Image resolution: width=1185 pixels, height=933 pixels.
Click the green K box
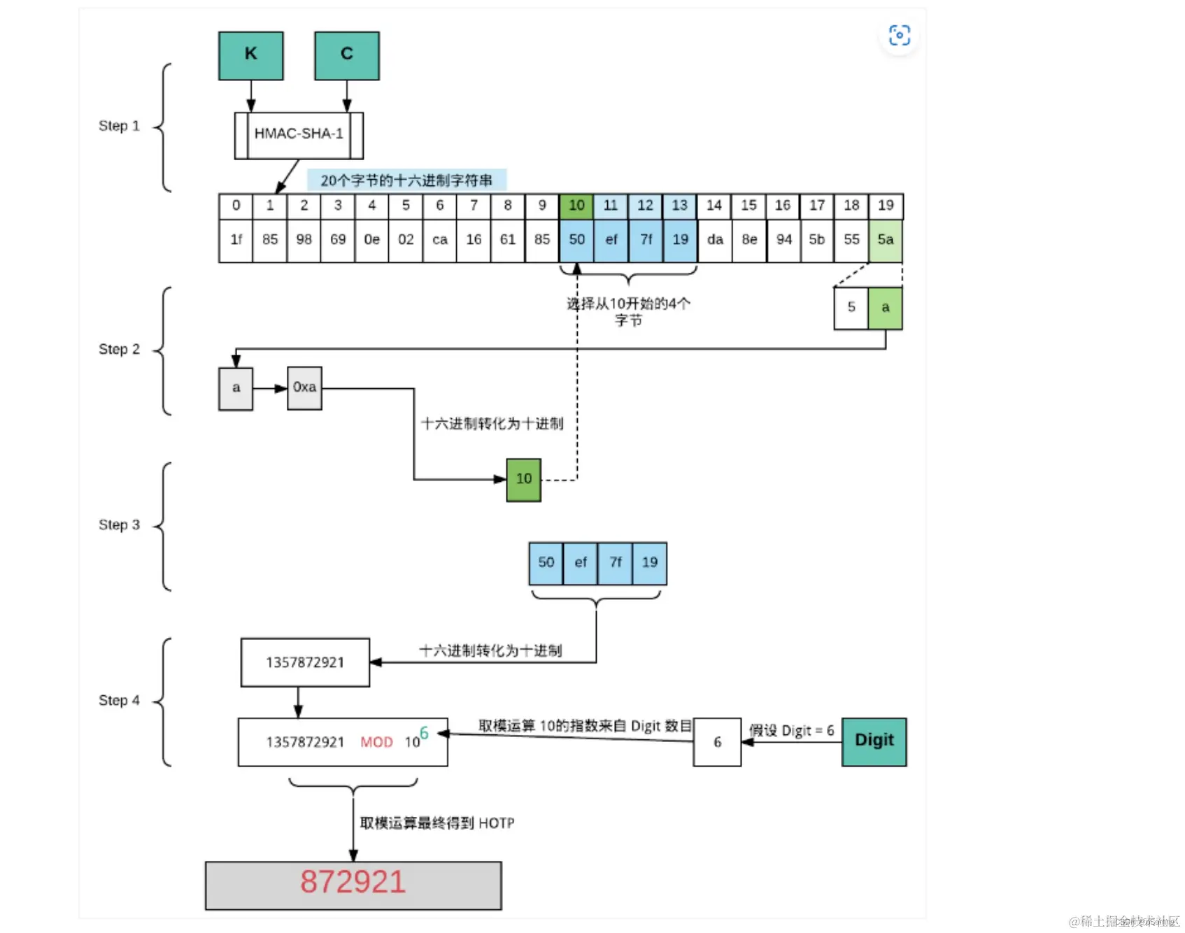tap(250, 55)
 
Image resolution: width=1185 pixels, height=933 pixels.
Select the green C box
tap(347, 55)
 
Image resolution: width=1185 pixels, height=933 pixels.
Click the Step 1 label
tap(119, 126)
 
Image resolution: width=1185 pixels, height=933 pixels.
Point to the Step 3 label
tap(119, 525)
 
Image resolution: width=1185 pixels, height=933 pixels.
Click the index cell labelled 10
tap(576, 206)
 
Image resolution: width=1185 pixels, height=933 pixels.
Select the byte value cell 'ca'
tap(440, 240)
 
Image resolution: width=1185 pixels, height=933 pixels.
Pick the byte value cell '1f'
tap(236, 240)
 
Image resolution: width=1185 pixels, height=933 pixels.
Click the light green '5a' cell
tap(886, 240)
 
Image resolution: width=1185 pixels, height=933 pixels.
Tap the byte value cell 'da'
tap(715, 240)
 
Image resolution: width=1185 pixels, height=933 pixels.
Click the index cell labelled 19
tap(886, 206)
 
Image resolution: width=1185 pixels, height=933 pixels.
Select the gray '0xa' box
tap(304, 387)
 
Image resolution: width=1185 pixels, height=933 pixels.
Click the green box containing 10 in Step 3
tap(524, 479)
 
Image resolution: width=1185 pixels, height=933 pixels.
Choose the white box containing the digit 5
tap(851, 308)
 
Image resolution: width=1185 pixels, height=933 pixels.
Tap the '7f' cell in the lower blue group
tap(616, 563)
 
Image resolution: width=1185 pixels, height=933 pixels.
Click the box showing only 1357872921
tap(305, 662)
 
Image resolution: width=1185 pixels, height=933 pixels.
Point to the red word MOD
tap(376, 742)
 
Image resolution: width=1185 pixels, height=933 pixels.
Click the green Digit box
tap(874, 741)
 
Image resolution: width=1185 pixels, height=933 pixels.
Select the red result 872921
tap(353, 883)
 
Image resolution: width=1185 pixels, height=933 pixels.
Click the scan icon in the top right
tap(899, 35)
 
